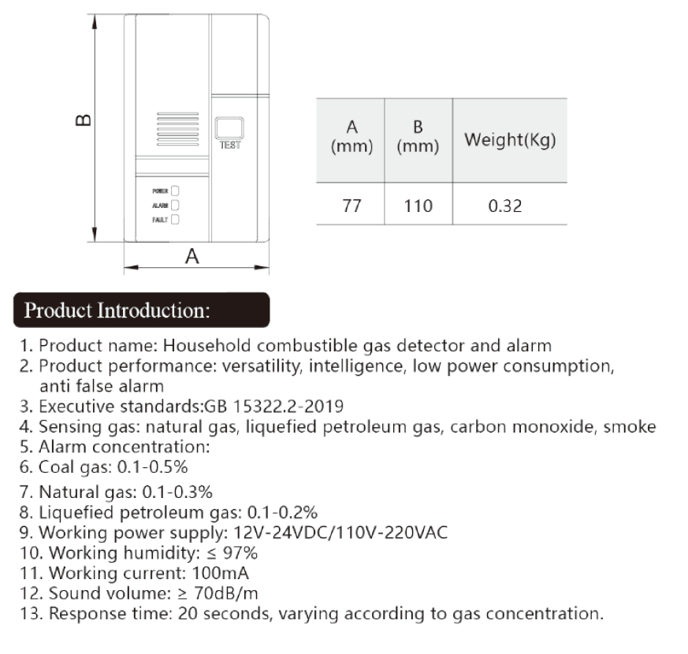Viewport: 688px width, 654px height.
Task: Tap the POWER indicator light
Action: point(176,191)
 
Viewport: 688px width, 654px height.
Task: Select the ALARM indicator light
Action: point(176,205)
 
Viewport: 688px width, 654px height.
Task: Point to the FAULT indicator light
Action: point(176,220)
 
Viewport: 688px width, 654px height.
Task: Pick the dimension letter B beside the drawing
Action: point(82,121)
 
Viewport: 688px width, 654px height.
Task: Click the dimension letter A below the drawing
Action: point(192,256)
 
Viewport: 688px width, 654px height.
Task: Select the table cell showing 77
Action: point(351,206)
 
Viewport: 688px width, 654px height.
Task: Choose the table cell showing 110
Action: point(418,206)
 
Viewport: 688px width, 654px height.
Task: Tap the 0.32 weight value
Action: point(505,206)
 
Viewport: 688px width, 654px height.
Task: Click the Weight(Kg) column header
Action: point(510,140)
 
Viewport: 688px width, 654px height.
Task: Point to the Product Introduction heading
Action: point(117,310)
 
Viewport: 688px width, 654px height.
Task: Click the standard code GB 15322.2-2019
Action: point(273,407)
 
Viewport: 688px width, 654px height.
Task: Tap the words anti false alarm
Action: point(102,386)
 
